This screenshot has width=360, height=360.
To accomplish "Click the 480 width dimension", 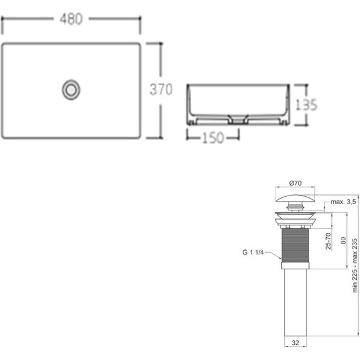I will point(71,19).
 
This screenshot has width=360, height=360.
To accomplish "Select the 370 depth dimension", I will point(160,90).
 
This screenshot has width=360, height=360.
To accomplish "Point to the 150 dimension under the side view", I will point(212,138).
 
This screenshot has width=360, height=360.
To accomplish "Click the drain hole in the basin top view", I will point(71,89).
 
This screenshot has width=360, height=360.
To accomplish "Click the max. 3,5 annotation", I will point(342,202).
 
